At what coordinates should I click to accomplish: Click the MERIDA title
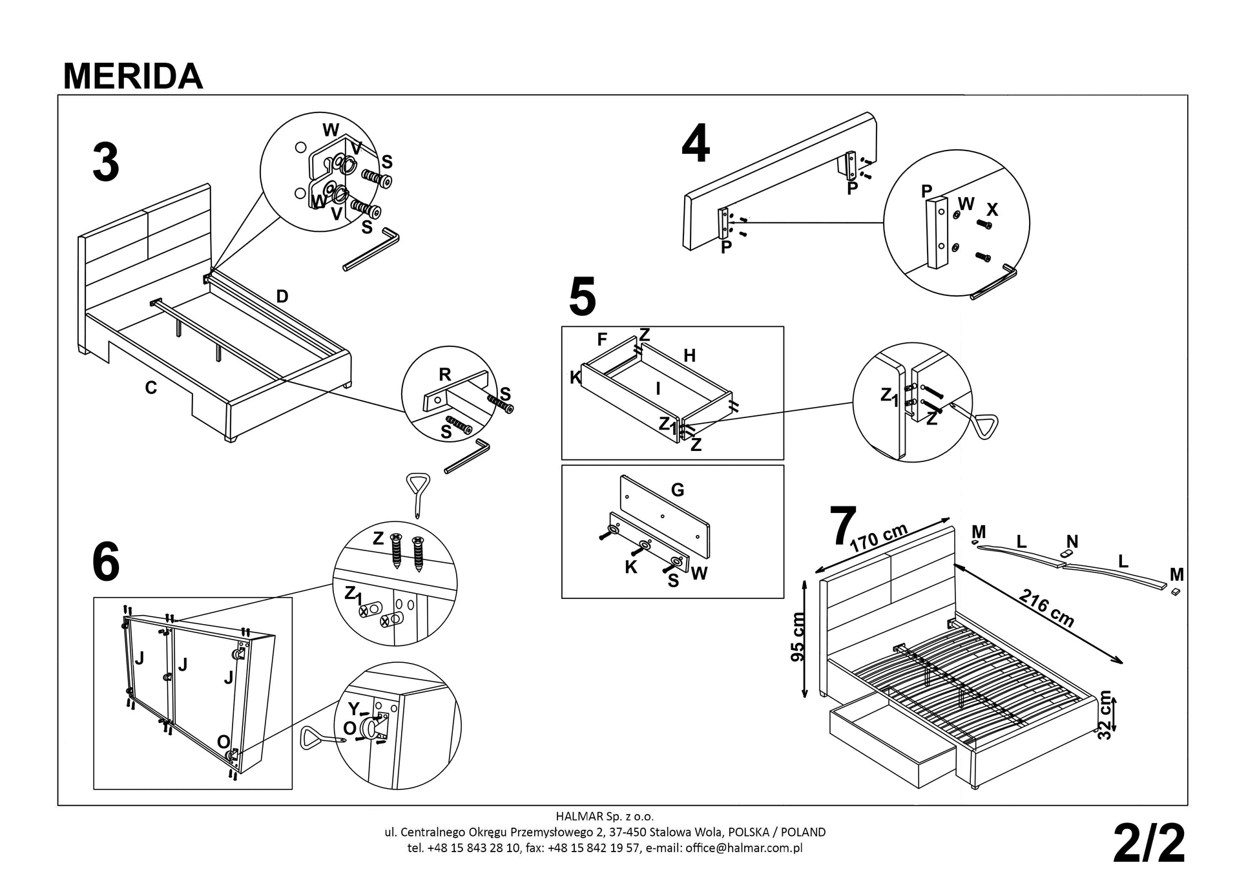[x=133, y=76]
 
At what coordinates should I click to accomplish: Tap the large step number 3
[x=106, y=163]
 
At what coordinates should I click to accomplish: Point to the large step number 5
[x=582, y=297]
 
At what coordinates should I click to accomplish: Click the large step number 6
[x=106, y=562]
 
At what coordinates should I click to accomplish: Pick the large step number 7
[x=842, y=527]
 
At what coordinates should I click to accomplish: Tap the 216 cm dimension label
[x=1046, y=608]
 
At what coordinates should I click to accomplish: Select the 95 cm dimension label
[x=798, y=636]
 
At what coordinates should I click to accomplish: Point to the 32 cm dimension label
[x=1105, y=715]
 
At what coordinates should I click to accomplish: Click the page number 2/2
[x=1149, y=844]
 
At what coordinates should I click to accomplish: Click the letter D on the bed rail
[x=282, y=297]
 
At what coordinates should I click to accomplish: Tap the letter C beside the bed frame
[x=151, y=388]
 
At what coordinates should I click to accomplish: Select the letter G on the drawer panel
[x=678, y=490]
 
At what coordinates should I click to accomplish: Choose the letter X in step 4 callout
[x=992, y=210]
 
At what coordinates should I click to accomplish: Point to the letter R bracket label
[x=445, y=374]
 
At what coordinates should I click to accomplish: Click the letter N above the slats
[x=1072, y=541]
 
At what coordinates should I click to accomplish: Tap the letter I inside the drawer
[x=658, y=388]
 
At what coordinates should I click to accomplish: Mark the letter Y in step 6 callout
[x=353, y=709]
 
